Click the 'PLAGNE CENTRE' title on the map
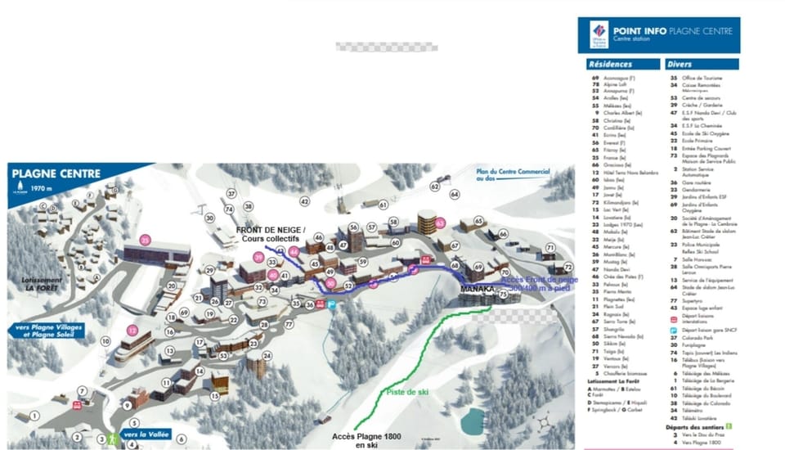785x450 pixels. tap(56, 173)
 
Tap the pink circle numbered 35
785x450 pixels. tap(146, 241)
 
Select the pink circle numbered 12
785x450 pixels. tap(133, 331)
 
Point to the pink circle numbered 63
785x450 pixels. tap(440, 222)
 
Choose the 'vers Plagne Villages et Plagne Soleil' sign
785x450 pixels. tap(49, 331)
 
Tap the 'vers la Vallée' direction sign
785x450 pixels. tap(147, 434)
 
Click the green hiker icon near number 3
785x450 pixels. tap(114, 439)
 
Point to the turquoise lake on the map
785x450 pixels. tap(472, 422)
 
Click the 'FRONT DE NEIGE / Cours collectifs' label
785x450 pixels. tap(271, 234)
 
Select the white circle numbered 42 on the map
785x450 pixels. tap(304, 200)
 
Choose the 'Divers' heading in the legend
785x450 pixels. tap(680, 63)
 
